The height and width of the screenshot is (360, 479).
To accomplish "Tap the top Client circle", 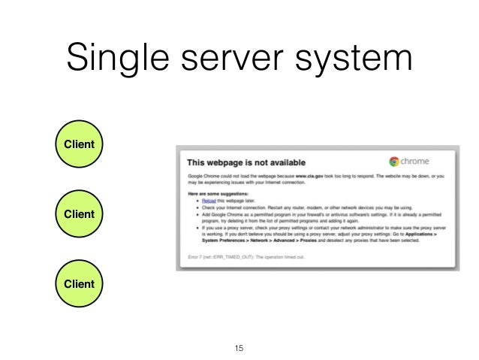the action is (x=79, y=143).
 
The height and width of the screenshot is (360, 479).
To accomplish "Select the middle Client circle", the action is (x=79, y=214).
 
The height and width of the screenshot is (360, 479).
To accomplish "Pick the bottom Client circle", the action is (x=79, y=284).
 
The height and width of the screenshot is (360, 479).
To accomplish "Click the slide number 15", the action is (x=239, y=348).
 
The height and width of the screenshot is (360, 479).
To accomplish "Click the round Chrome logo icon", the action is (x=394, y=161).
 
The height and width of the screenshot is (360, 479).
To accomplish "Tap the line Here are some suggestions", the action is (x=218, y=194).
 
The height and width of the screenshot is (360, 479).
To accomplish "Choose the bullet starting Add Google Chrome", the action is (x=315, y=215).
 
